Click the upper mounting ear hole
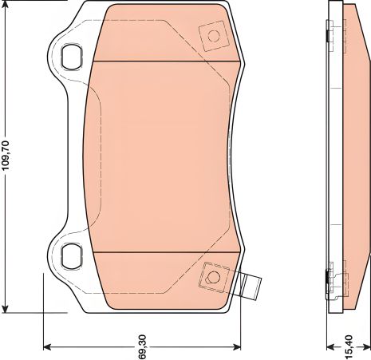[72, 57]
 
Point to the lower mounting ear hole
[72, 255]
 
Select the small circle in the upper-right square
[213, 35]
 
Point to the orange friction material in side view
[354, 160]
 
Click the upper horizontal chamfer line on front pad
[168, 61]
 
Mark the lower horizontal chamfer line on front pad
[168, 251]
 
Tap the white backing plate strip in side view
[335, 160]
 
